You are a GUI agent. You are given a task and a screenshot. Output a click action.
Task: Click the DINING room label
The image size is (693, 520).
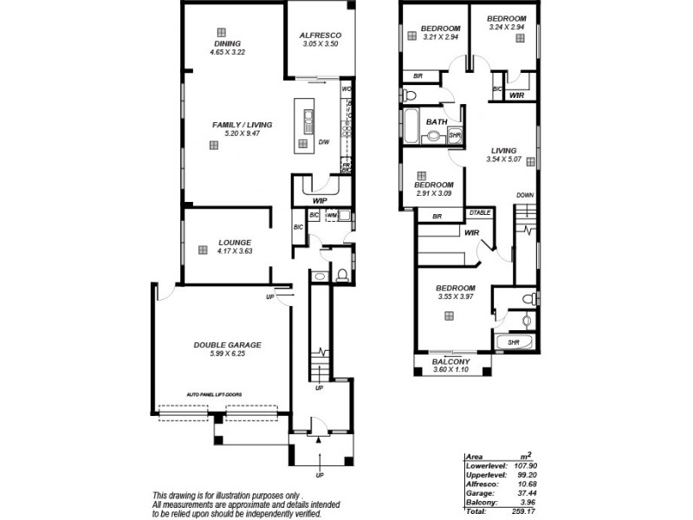coord(228,43)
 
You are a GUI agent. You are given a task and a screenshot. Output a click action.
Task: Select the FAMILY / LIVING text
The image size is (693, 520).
coord(242,125)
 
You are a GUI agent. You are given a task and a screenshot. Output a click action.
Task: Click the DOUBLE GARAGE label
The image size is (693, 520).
coord(227,344)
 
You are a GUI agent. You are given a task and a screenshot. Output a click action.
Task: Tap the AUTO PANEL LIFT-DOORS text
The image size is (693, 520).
coord(213,393)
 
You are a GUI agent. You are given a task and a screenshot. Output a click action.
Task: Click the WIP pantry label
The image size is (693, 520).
coord(319,200)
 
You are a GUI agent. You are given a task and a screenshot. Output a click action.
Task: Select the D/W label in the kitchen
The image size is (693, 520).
coord(323,142)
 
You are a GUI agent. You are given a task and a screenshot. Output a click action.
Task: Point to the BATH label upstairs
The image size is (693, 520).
coord(436,122)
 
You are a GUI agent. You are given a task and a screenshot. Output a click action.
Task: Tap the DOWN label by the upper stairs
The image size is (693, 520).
coord(525,195)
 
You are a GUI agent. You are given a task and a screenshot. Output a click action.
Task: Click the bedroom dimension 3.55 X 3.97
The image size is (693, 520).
coord(456,297)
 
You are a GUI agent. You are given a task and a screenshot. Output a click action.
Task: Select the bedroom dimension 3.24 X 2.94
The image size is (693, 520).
coord(507,28)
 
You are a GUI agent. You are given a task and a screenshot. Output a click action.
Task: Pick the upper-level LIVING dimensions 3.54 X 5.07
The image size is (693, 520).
coord(504,159)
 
